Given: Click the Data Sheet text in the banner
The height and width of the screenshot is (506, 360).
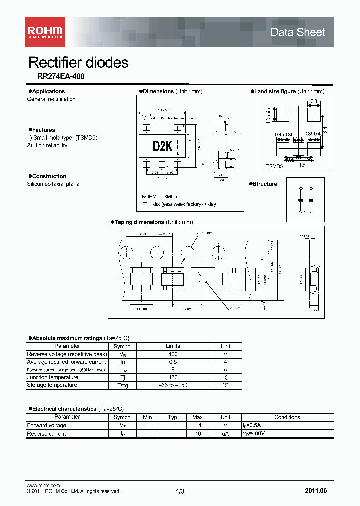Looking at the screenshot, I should coord(297,32).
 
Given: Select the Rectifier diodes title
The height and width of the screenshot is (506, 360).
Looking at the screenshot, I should coord(78,63).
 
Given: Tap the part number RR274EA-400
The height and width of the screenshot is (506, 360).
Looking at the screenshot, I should coord(61,77).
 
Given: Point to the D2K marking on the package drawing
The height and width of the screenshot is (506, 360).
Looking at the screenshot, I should coord(162,146).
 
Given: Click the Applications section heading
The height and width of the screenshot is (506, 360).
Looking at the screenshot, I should coord(48,91).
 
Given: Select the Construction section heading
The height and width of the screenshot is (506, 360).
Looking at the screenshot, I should coord(49,176).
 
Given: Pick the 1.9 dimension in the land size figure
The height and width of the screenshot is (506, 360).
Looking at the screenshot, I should coord(302,164).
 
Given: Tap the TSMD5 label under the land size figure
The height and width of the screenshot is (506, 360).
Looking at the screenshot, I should coord(274,167).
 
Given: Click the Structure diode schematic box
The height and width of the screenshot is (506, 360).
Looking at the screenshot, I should coord(305,199).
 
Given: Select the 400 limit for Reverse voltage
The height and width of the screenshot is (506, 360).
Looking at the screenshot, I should coord(173,354).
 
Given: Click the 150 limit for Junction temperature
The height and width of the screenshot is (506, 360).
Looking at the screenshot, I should coord(173,377).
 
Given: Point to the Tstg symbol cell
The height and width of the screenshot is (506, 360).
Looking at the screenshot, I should coord(122,385).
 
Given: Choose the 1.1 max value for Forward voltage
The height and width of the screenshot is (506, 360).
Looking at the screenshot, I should coord(198,426).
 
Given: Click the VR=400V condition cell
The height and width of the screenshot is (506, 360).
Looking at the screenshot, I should coord(254,434).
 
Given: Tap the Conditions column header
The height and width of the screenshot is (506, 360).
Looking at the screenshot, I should coord(287,417).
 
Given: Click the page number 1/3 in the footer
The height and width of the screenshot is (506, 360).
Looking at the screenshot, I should coord(180,491).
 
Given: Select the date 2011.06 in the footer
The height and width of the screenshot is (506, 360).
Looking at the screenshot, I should coord(316,491).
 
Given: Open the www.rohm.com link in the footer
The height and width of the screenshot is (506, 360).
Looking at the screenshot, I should coord(43,486).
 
